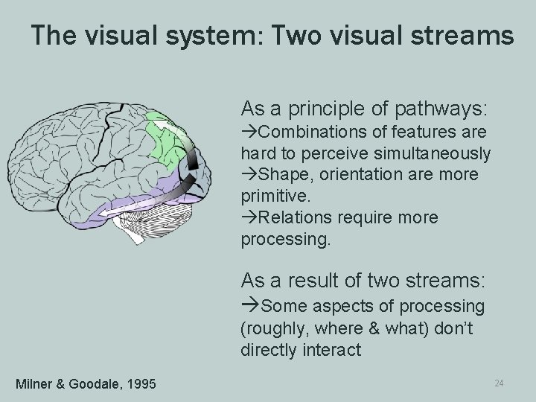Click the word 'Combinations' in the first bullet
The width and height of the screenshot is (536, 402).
303,133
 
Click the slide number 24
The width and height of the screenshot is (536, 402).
499,383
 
